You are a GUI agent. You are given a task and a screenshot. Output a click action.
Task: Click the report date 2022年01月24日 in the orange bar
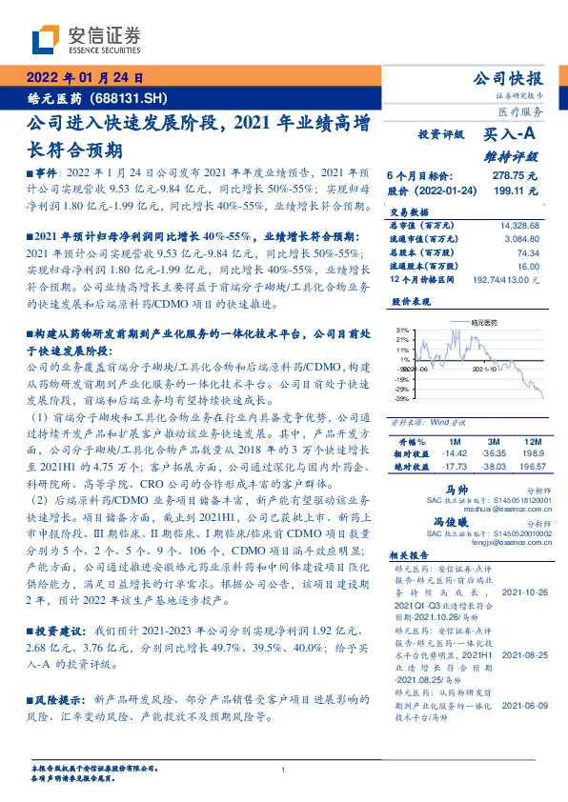point(82,78)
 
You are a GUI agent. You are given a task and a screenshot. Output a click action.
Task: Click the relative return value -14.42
point(456,455)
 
